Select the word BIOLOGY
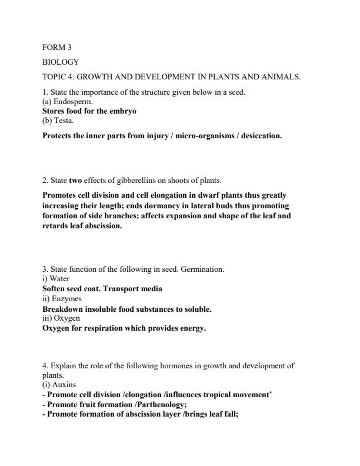61,62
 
